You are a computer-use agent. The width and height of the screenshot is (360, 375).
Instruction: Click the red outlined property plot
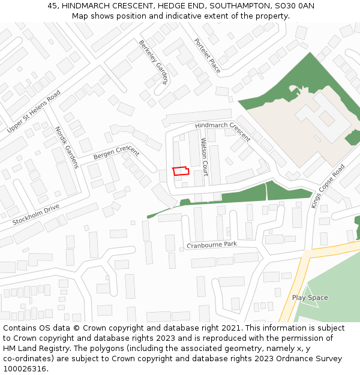click(181, 171)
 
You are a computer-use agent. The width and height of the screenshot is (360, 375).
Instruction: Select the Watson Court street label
click(204, 157)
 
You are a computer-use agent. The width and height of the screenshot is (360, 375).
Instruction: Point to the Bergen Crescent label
click(116, 152)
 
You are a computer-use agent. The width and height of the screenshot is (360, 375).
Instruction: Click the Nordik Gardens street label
click(67, 147)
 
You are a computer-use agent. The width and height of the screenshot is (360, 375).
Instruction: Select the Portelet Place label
click(207, 56)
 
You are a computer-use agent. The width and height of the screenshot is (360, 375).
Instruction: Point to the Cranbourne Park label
click(212, 245)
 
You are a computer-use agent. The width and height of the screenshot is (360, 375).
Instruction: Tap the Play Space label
click(310, 298)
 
